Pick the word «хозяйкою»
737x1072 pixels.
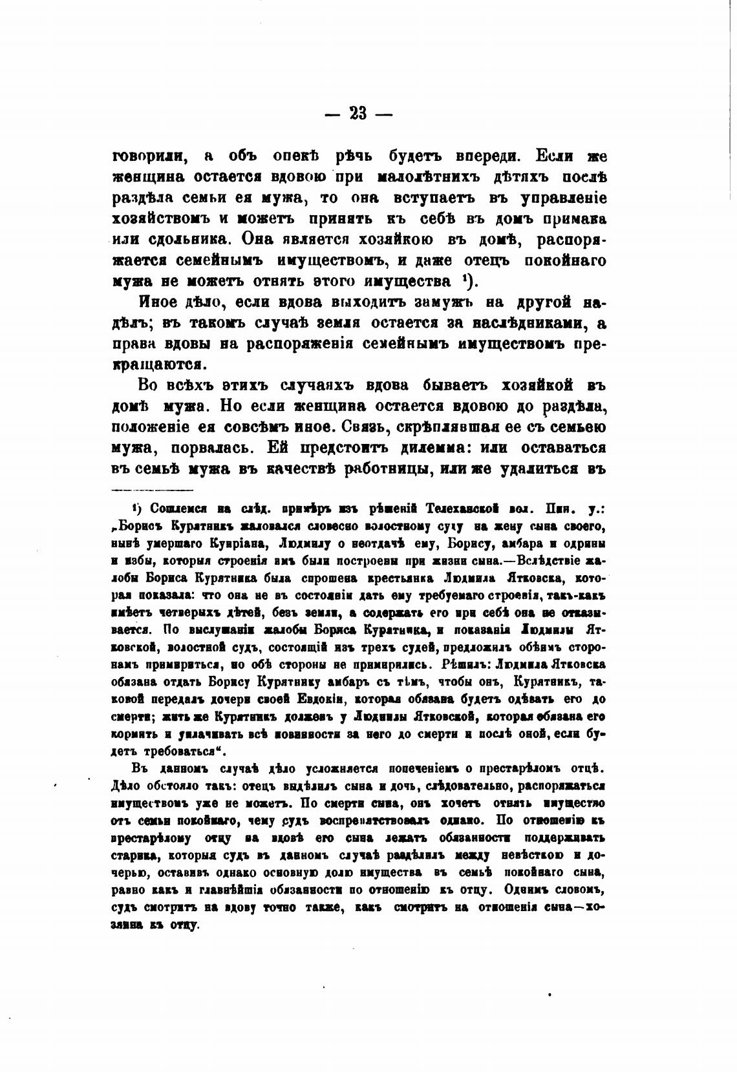click(x=392, y=240)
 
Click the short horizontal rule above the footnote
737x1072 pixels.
click(x=153, y=490)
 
